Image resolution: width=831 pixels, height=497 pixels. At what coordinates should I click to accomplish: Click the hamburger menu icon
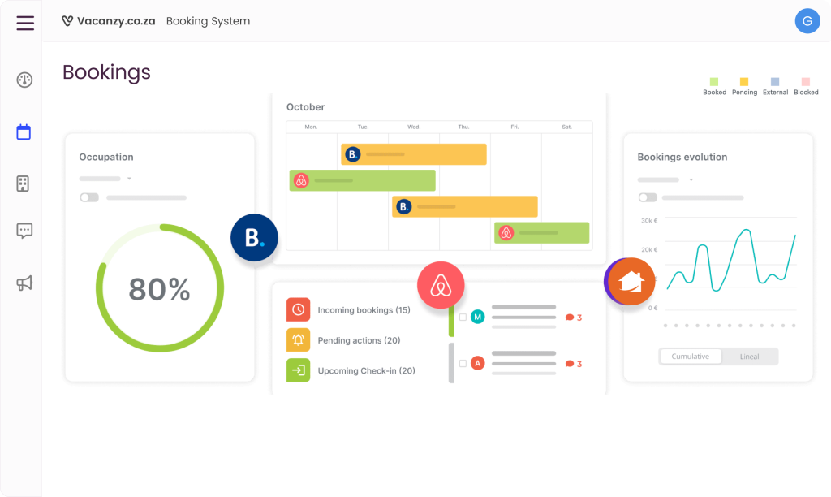click(x=25, y=22)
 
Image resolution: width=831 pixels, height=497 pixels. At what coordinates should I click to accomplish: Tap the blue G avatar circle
click(x=807, y=22)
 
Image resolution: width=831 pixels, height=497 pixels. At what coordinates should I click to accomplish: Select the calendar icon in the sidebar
click(x=24, y=132)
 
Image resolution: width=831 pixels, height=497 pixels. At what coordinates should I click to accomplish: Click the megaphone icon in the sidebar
click(x=24, y=283)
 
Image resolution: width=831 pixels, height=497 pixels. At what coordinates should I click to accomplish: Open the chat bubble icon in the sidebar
click(x=24, y=231)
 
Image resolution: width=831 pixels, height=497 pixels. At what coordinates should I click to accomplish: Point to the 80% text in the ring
click(x=159, y=289)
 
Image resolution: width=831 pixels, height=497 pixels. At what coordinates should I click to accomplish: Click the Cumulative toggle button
click(x=690, y=357)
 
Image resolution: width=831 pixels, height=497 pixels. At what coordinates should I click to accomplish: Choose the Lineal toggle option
click(x=749, y=357)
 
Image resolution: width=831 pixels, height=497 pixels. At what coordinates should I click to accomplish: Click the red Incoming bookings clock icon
click(x=298, y=309)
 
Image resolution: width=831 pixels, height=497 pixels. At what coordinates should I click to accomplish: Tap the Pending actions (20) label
click(x=359, y=340)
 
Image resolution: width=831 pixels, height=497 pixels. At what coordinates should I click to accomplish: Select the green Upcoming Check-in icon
click(x=298, y=370)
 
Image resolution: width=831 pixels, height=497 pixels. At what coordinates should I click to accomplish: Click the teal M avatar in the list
click(x=477, y=317)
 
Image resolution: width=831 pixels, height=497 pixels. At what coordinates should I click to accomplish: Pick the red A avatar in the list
click(x=477, y=363)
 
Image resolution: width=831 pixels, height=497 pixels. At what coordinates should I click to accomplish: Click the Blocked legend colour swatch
click(x=806, y=82)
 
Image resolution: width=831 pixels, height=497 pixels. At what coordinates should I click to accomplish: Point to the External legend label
click(x=775, y=93)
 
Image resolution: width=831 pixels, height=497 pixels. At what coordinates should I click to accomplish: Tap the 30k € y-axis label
click(x=648, y=220)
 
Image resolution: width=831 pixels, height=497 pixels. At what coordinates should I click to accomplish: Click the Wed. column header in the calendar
click(x=414, y=127)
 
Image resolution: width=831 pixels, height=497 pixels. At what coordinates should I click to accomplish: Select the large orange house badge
click(x=631, y=281)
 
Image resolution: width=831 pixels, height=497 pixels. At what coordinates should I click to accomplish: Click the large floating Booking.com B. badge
click(x=254, y=237)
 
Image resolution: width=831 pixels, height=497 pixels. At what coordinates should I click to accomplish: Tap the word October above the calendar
click(x=305, y=107)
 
